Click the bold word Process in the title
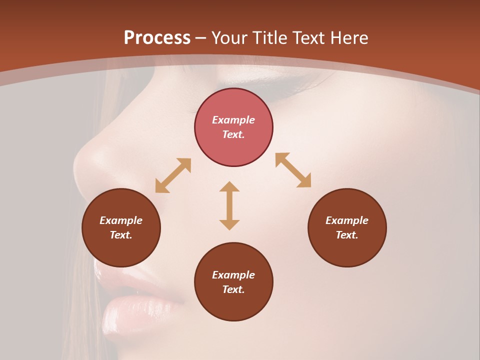click(x=157, y=38)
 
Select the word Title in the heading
click(x=270, y=38)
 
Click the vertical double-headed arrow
click(x=229, y=205)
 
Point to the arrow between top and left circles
click(x=173, y=175)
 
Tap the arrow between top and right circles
click(x=293, y=170)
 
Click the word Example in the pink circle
click(x=233, y=120)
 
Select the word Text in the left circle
click(x=121, y=235)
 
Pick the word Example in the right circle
click(x=347, y=220)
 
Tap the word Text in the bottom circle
click(x=233, y=289)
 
